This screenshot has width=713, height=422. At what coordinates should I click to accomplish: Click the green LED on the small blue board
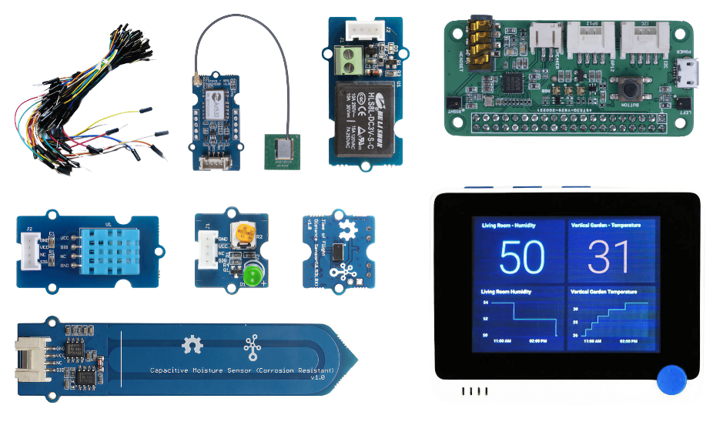click(x=252, y=275)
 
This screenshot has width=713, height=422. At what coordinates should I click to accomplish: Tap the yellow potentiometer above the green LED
click(x=246, y=231)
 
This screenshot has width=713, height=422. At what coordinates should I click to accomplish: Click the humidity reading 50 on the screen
click(x=522, y=256)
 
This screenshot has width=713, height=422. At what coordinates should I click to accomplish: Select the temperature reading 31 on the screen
click(x=610, y=256)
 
